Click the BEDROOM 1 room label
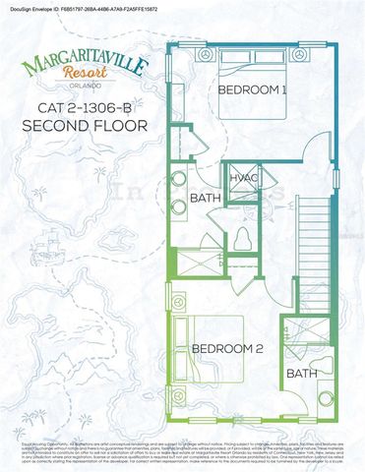point(251,90)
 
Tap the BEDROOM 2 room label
point(227,349)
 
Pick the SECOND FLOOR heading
point(85,126)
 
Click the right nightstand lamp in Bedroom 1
point(294,51)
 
